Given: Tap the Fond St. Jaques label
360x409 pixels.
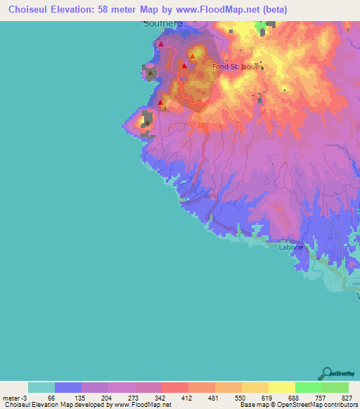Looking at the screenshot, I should click(236, 67).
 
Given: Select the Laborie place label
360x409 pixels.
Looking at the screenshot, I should click(291, 247).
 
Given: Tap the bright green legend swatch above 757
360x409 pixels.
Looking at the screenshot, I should click(309, 387).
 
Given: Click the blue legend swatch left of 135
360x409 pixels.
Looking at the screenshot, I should click(68, 387).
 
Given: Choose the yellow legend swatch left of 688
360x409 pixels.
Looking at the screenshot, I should click(282, 387).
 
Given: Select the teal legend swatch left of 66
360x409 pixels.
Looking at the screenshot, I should click(41, 387).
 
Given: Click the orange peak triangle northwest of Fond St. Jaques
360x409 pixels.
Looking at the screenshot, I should click(192, 53).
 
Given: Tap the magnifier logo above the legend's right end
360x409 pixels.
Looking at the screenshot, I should click(328, 373).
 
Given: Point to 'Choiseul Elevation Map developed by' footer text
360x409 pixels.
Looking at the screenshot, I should click(56, 405).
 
